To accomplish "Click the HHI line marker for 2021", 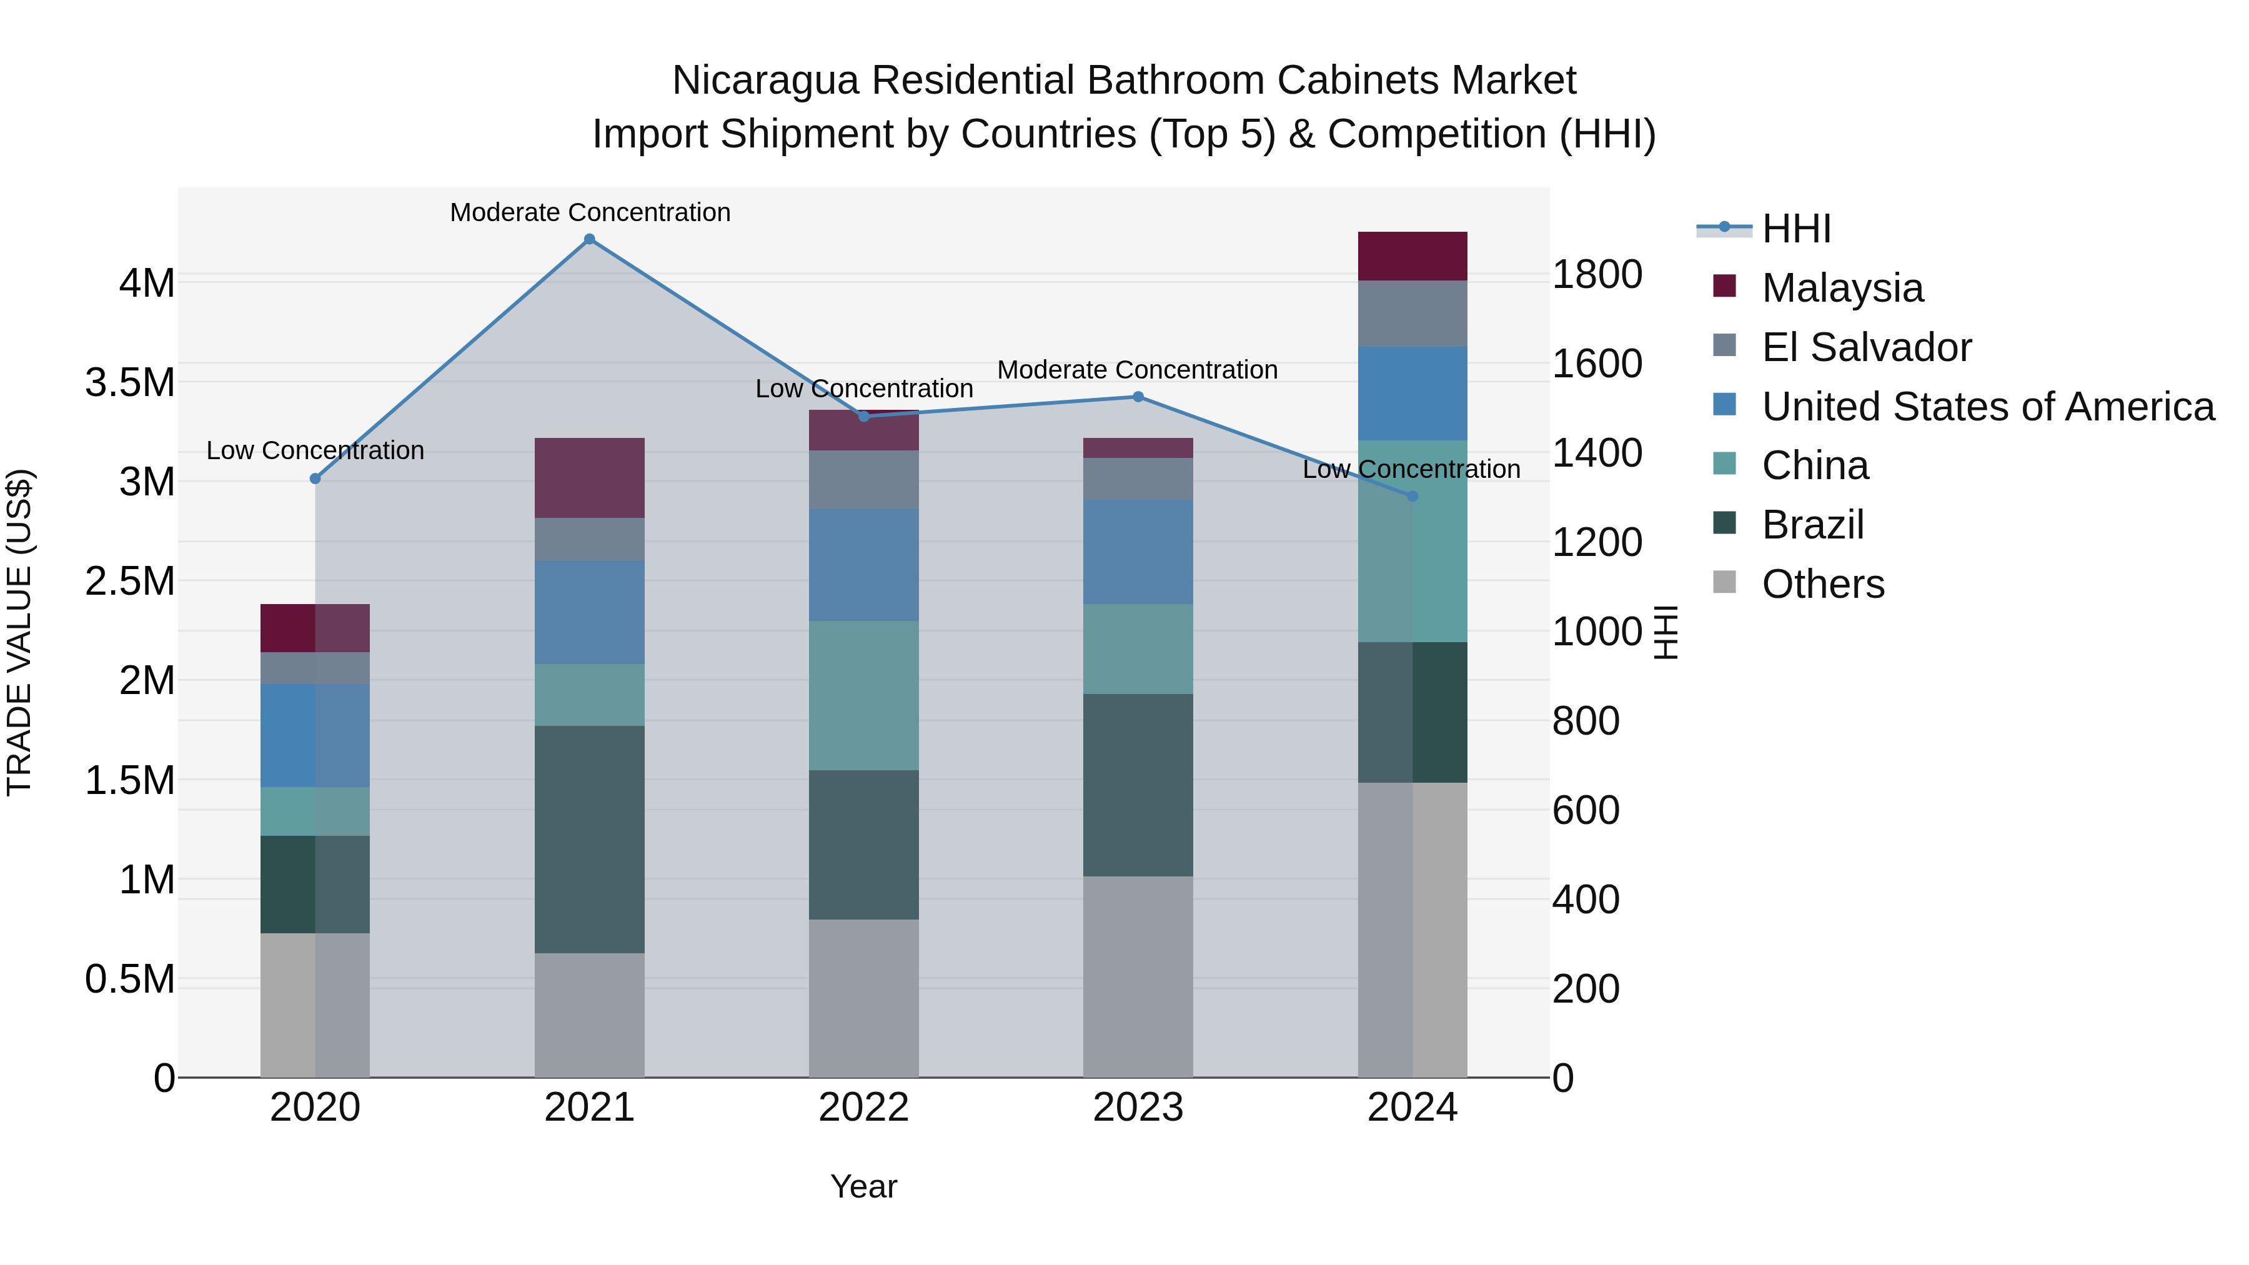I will click(x=589, y=239).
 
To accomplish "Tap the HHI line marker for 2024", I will click(x=1412, y=496).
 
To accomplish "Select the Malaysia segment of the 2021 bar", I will click(x=589, y=477).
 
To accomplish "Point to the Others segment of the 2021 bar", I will click(x=589, y=1014).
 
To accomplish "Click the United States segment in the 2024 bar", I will click(x=1412, y=393).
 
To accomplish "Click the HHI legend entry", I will click(x=1796, y=229).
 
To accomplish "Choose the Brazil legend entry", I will click(x=1812, y=525).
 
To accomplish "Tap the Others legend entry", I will click(x=1823, y=584).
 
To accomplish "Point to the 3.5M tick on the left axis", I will click(x=129, y=382).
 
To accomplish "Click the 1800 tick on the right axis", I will click(x=1597, y=274).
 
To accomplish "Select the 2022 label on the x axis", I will click(x=863, y=1107).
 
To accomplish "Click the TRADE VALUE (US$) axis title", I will click(x=19, y=632).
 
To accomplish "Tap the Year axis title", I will click(x=863, y=1186).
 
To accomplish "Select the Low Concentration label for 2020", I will click(x=315, y=450).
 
